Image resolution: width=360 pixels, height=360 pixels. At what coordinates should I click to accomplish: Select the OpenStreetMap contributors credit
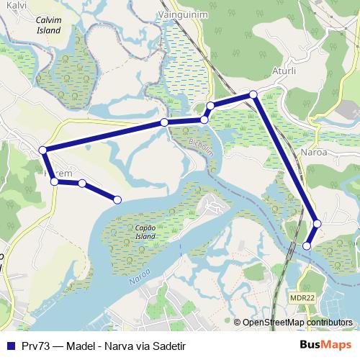(x=297, y=323)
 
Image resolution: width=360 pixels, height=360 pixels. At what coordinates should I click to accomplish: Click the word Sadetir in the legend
(x=169, y=346)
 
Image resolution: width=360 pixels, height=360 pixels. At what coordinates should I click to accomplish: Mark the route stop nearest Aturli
(x=253, y=94)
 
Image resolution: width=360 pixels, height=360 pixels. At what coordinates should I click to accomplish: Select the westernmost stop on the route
(x=43, y=150)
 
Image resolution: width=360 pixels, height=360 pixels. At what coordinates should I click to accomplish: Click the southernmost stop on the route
(x=307, y=246)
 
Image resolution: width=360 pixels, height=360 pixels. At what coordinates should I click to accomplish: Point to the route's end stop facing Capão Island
(x=118, y=199)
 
